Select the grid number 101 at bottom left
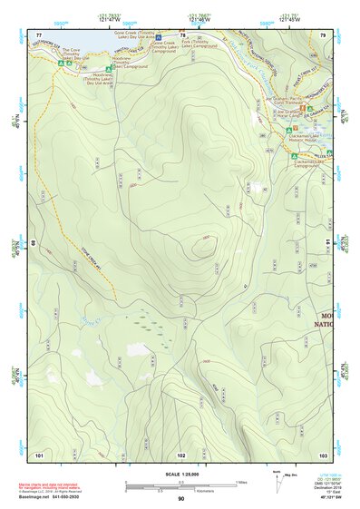tap(39, 454)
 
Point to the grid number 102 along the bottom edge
tap(181, 454)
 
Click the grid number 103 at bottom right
tap(322, 454)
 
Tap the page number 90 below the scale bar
tap(180, 499)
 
